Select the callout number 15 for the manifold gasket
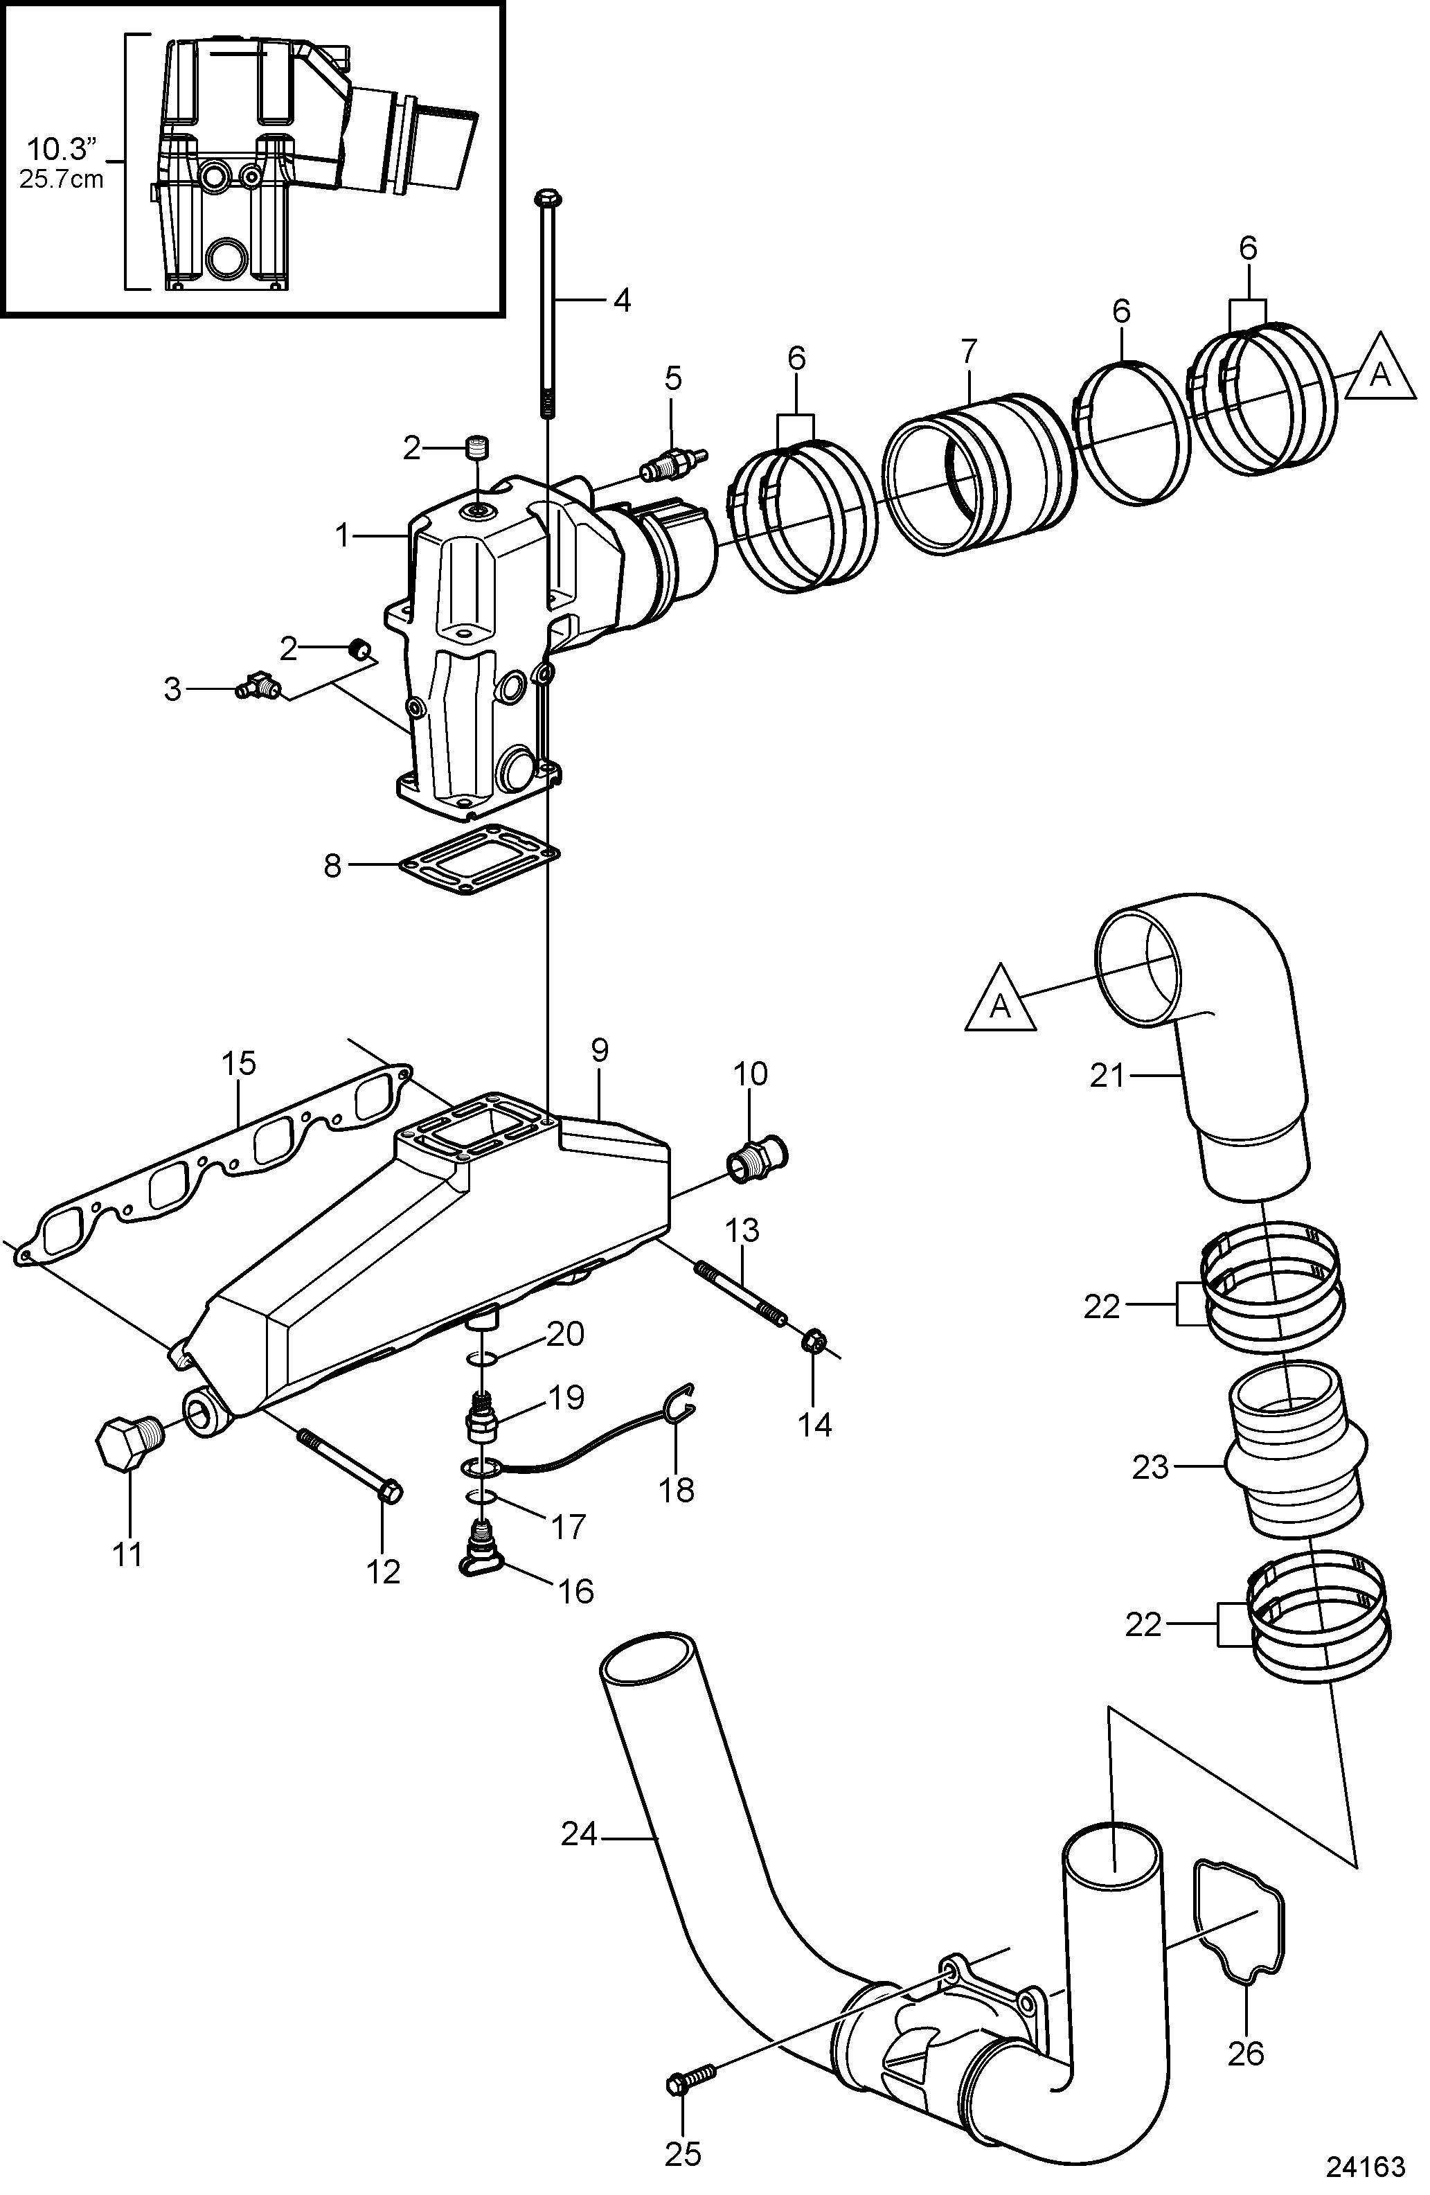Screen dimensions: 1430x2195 pos(238,1065)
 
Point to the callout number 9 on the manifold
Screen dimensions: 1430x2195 pos(600,1051)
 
